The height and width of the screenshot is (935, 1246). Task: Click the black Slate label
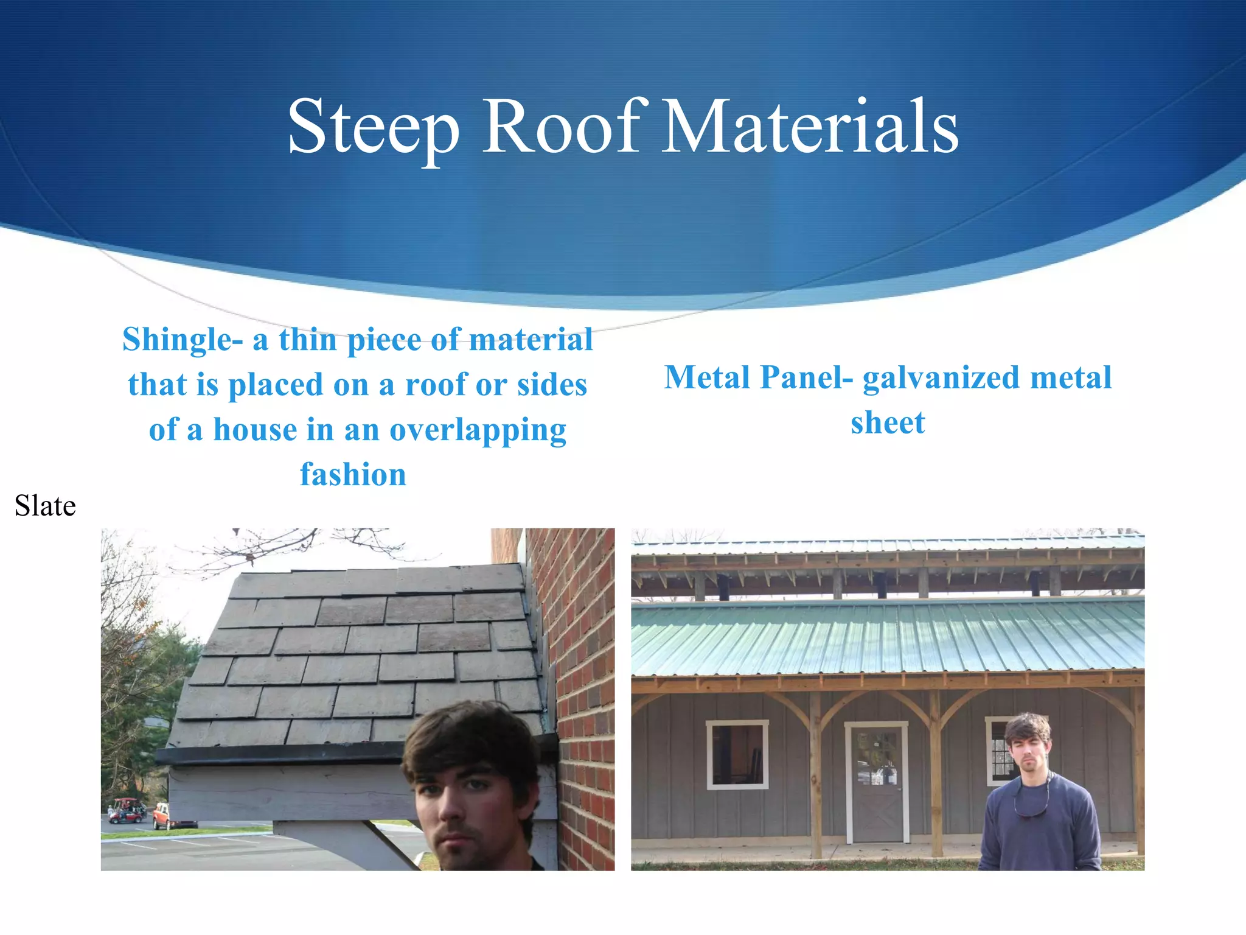[x=45, y=506]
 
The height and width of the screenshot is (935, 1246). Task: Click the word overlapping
[x=478, y=430]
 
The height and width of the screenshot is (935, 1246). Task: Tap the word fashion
[x=353, y=475]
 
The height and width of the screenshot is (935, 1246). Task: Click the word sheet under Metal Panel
[x=888, y=423]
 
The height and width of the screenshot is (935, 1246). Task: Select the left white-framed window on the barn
[x=737, y=755]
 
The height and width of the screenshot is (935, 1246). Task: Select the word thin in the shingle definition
[x=307, y=340]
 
